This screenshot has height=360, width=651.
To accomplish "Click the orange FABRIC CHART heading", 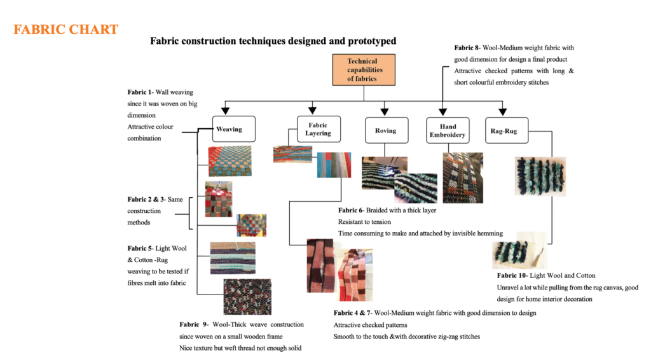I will (x=66, y=30).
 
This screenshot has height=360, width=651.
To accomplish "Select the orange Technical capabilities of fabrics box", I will (x=362, y=70).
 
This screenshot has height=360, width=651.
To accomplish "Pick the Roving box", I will (x=385, y=130).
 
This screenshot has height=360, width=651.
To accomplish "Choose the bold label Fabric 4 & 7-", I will (x=353, y=313).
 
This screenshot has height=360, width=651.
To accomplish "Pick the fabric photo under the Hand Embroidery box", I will (x=462, y=177).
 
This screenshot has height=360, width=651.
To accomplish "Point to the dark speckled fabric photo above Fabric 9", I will (x=247, y=296).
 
